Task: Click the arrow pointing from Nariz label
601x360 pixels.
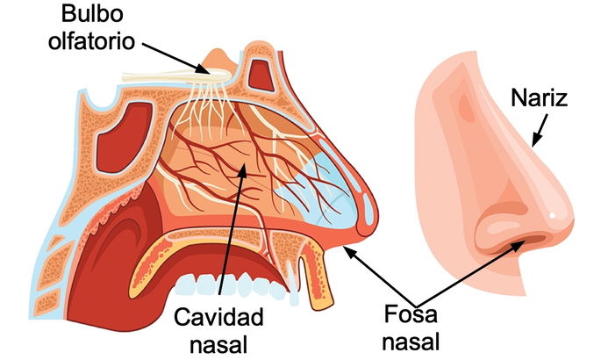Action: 538,132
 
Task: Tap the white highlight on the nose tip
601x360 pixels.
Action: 552,216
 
